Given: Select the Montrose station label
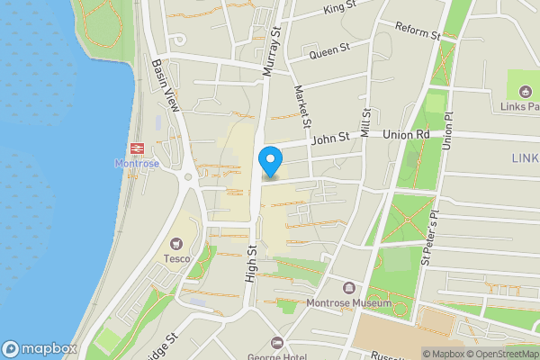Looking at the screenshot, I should click(x=137, y=164).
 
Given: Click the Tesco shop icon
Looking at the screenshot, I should click(x=175, y=243).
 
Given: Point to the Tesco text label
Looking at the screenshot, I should click(x=175, y=258).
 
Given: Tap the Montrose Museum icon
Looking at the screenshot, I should click(x=349, y=288).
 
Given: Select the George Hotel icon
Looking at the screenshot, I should click(x=276, y=343).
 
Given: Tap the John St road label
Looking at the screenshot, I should click(x=328, y=139).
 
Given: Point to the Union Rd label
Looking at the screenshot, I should click(x=407, y=135).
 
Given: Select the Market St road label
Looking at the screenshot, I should click(x=302, y=105).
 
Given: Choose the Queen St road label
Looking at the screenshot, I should click(x=328, y=51).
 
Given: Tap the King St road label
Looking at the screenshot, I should click(x=339, y=10).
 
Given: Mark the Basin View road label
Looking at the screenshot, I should click(x=166, y=86).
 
